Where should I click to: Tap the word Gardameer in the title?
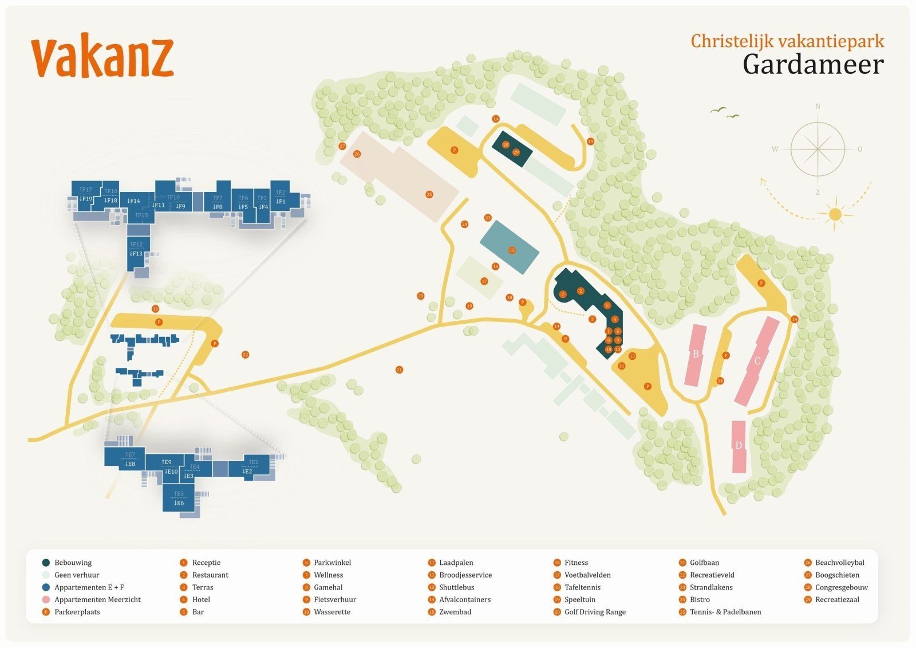click(x=813, y=64)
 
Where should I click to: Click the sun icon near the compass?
click(x=835, y=214)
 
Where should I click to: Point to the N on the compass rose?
click(x=818, y=107)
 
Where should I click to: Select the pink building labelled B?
click(x=696, y=355)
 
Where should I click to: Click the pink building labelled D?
click(x=739, y=446)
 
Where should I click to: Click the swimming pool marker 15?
click(x=512, y=250)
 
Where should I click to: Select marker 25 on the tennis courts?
click(x=429, y=194)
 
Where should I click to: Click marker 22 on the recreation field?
click(x=246, y=355)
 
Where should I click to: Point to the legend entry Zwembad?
click(x=455, y=612)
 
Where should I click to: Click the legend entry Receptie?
click(x=206, y=563)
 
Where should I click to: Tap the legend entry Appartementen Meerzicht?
click(x=97, y=599)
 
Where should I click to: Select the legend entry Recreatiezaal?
click(x=837, y=599)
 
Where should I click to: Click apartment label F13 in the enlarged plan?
click(x=136, y=254)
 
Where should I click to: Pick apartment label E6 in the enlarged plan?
click(x=179, y=503)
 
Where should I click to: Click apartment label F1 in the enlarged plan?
click(x=281, y=202)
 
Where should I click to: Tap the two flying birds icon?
click(x=725, y=112)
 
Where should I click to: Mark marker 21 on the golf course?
click(x=399, y=370)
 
